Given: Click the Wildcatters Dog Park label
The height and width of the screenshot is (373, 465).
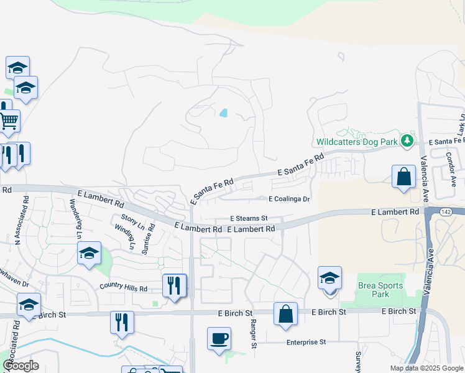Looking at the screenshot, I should coord(356,142).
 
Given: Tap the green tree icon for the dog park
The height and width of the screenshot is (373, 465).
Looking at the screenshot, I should coord(407,141).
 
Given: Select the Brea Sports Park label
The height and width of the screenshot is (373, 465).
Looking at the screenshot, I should coord(380,290).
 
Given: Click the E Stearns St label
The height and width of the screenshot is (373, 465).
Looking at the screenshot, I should coord(249,219).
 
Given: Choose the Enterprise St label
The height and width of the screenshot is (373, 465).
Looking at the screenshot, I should coord(306,342).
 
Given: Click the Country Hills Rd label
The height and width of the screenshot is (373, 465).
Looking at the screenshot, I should coord(123,288).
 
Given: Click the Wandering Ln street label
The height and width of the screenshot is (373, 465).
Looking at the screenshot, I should coord(75,219).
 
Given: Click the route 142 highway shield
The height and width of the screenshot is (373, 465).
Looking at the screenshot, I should coord(441,212).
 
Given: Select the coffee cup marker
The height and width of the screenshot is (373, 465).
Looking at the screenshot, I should coord(219,339).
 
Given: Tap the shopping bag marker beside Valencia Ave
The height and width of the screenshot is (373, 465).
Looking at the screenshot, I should coord(403,176).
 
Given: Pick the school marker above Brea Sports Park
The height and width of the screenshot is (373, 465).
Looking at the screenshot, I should coord(329,278).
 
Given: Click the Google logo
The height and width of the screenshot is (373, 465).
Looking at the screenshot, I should coord(21,366).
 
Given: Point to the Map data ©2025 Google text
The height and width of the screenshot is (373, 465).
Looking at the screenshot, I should coord(426,368).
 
